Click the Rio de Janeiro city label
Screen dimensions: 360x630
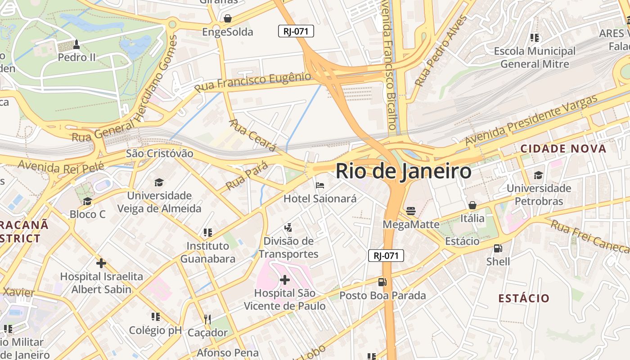click(x=403, y=171)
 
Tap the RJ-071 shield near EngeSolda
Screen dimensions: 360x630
click(x=296, y=31)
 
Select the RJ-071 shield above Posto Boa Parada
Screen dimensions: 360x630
click(x=386, y=256)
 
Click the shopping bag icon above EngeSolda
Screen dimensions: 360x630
click(x=228, y=18)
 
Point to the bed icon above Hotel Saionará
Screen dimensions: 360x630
click(x=320, y=185)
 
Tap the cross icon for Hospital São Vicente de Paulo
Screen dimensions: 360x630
click(x=284, y=280)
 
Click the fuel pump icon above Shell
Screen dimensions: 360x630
click(x=498, y=248)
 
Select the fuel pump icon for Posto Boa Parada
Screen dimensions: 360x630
click(x=382, y=282)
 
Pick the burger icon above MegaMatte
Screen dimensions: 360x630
click(x=410, y=211)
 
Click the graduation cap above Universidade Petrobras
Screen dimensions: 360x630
click(x=538, y=175)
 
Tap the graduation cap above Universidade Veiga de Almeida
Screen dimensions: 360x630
click(x=159, y=182)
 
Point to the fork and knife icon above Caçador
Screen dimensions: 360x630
click(x=207, y=319)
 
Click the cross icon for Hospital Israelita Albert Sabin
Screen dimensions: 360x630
click(x=101, y=263)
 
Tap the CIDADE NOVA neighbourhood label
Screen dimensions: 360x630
click(x=563, y=148)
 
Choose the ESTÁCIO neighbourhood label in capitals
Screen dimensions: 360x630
click(x=524, y=298)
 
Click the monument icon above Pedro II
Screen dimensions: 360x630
click(x=76, y=44)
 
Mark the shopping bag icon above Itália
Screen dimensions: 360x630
click(x=472, y=205)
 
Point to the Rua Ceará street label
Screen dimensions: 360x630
click(x=252, y=135)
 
